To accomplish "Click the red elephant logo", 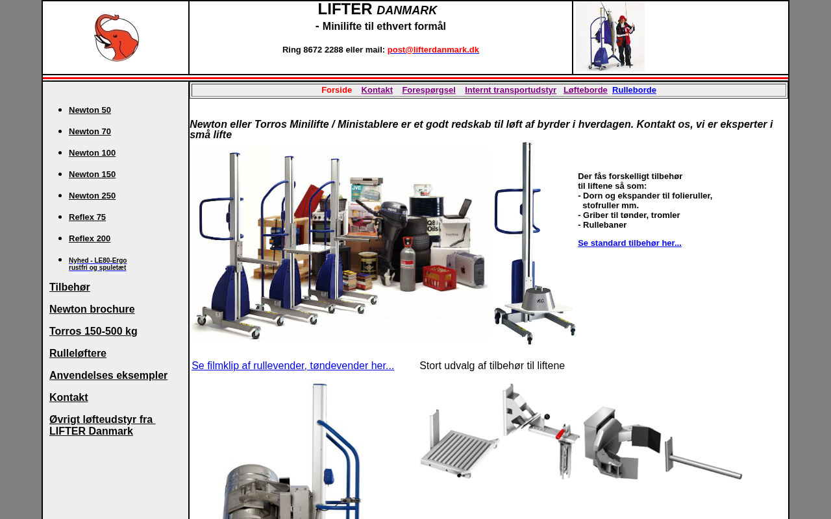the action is [x=116, y=38].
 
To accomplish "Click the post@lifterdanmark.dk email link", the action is [x=433, y=50].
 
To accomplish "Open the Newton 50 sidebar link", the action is [x=90, y=110].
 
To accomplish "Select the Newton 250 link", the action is [x=92, y=196].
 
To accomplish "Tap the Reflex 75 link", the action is [x=87, y=217].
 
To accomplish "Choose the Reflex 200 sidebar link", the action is [x=90, y=239].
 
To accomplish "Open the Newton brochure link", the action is [x=92, y=309].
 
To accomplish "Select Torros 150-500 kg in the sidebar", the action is [x=93, y=331].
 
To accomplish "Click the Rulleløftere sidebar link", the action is [x=77, y=354].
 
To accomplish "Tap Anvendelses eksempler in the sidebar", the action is [x=108, y=375].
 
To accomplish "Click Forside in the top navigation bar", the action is [x=336, y=90].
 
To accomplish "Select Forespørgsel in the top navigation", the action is [x=428, y=90].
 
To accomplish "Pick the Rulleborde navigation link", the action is [x=634, y=90].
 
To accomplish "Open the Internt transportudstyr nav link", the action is [x=510, y=90].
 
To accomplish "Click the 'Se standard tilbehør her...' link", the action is [x=630, y=243].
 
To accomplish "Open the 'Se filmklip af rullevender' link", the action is [x=293, y=365].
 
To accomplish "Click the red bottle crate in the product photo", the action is [x=440, y=278].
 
